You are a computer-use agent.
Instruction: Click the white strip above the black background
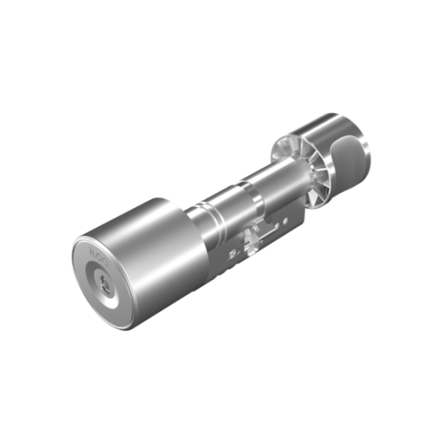(222, 49)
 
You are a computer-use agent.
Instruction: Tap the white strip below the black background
(222, 396)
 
